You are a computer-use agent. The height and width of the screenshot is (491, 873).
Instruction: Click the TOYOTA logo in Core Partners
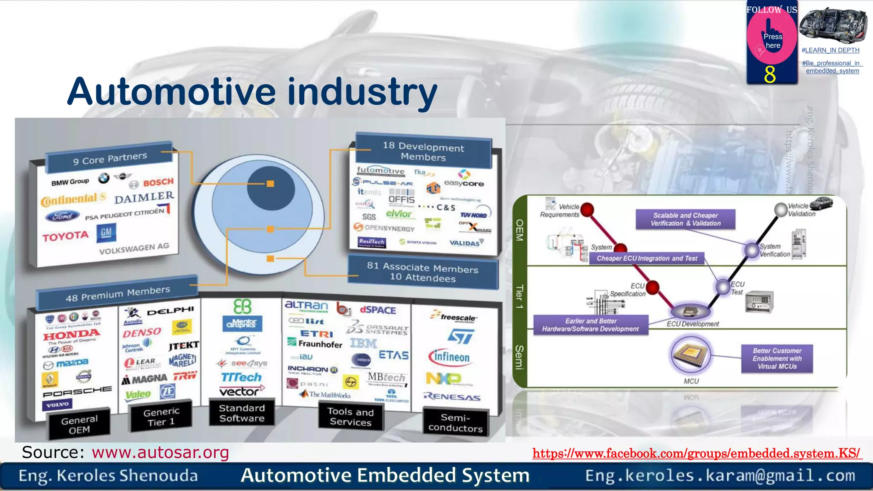(x=65, y=236)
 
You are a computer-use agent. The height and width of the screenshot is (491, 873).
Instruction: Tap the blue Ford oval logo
(x=62, y=216)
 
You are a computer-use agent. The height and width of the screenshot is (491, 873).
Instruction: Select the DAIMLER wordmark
(x=144, y=197)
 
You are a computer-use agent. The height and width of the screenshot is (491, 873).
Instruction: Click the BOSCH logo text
(x=158, y=182)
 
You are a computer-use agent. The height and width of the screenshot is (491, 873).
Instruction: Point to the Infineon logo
(x=450, y=357)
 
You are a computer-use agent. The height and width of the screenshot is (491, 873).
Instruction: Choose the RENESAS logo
(x=452, y=397)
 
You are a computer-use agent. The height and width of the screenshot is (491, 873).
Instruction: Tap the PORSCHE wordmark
(x=77, y=391)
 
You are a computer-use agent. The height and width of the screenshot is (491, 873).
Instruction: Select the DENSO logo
(x=142, y=332)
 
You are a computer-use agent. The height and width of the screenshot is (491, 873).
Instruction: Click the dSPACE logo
(x=378, y=310)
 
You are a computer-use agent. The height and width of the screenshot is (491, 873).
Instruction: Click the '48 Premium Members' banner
(x=118, y=294)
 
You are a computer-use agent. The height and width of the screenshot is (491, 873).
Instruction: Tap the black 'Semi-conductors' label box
(x=455, y=423)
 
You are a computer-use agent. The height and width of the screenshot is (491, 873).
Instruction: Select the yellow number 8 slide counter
(x=770, y=75)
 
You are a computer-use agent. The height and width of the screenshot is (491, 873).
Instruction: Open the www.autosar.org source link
(x=160, y=452)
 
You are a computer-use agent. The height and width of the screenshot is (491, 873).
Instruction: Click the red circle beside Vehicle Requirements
(x=587, y=209)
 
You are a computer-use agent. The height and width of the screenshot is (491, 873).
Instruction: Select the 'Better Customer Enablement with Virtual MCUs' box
(x=777, y=358)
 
